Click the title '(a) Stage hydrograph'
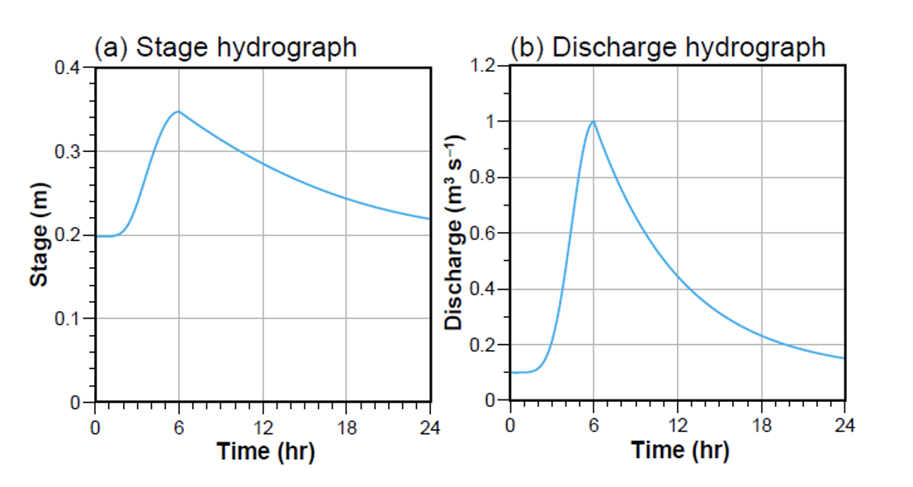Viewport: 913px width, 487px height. [x=225, y=47]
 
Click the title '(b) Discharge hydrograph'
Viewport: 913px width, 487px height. [x=667, y=47]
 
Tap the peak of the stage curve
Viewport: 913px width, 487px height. [x=177, y=111]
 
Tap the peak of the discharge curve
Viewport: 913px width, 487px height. [x=593, y=121]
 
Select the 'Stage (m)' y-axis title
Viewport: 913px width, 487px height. [x=38, y=234]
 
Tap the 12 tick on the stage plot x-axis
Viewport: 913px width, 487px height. [x=263, y=428]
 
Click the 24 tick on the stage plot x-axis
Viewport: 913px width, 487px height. [x=430, y=428]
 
